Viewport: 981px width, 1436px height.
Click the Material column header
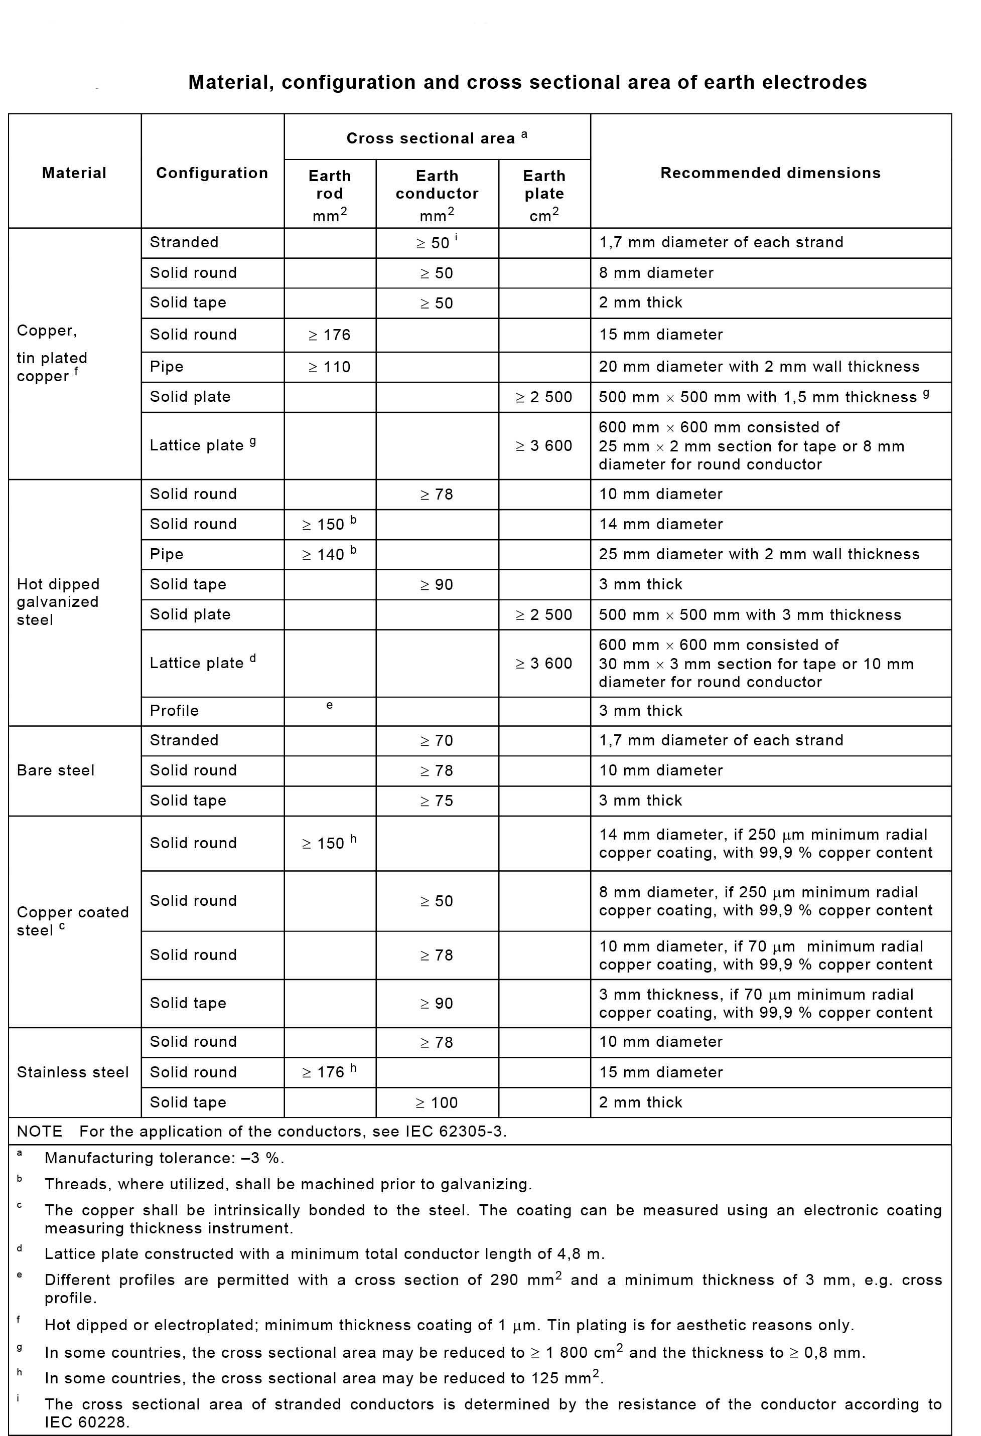pyautogui.click(x=74, y=173)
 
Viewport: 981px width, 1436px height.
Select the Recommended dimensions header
pyautogui.click(x=770, y=173)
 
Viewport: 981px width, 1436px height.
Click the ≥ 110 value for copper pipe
pyautogui.click(x=330, y=367)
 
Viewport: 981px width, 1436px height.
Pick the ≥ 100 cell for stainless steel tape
pyautogui.click(x=437, y=1102)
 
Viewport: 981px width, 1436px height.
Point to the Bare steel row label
pyautogui.click(x=56, y=770)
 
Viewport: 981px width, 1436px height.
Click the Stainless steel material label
pyautogui.click(x=73, y=1072)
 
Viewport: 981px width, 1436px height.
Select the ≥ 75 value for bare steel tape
pyautogui.click(x=437, y=801)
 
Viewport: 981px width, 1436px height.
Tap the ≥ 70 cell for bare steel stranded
pyautogui.click(x=437, y=741)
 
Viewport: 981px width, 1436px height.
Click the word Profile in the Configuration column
pyautogui.click(x=174, y=711)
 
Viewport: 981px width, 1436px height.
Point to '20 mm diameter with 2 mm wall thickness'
pyautogui.click(x=759, y=367)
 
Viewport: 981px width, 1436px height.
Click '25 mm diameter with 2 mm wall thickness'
pyautogui.click(x=759, y=554)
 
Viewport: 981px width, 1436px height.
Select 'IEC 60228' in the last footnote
pyautogui.click(x=86, y=1422)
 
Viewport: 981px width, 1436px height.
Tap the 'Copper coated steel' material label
pyautogui.click(x=72, y=921)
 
